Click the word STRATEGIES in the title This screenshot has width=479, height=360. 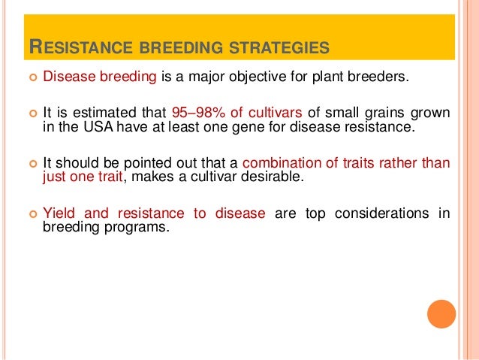[x=279, y=47]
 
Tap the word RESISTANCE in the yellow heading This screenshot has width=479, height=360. [x=81, y=47]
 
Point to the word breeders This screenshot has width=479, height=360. [x=378, y=77]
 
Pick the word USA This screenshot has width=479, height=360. [x=98, y=126]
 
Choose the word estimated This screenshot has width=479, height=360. [x=104, y=113]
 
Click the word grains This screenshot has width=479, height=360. [x=384, y=113]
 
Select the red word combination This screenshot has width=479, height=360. [x=282, y=163]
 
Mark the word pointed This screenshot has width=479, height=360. [x=147, y=164]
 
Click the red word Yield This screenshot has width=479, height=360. [x=59, y=213]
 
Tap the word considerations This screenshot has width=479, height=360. [x=381, y=213]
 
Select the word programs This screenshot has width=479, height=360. [x=137, y=228]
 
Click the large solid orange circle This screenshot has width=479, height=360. [x=441, y=314]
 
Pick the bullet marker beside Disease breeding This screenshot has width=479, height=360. [x=33, y=77]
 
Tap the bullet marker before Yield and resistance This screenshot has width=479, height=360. [x=33, y=213]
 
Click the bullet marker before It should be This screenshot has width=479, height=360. [x=33, y=164]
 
